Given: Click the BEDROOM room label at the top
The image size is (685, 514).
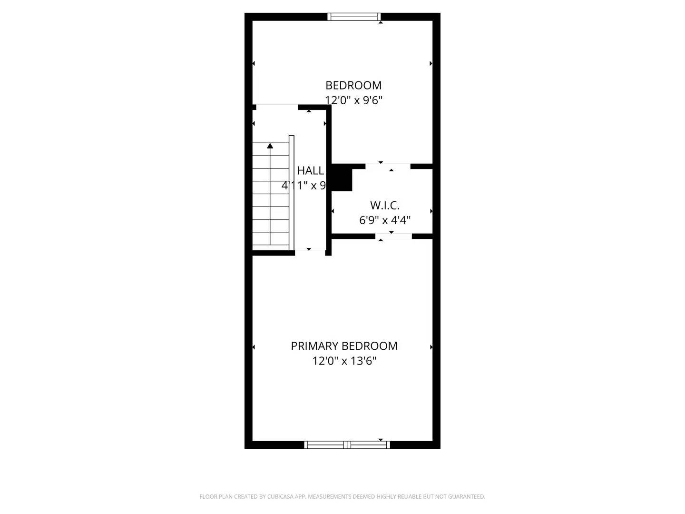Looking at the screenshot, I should pyautogui.click(x=353, y=85).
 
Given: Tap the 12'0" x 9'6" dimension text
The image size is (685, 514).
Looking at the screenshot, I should pyautogui.click(x=353, y=100).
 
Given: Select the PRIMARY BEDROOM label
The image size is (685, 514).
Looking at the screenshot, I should pyautogui.click(x=344, y=346).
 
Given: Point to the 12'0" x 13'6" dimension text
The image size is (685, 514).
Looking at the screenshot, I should pyautogui.click(x=344, y=361).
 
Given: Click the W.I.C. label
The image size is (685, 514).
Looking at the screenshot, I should pyautogui.click(x=385, y=206).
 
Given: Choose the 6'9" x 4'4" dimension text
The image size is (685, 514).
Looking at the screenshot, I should pyautogui.click(x=385, y=220).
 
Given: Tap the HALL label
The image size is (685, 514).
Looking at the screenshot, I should pyautogui.click(x=311, y=170).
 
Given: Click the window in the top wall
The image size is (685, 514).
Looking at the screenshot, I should pyautogui.click(x=354, y=17).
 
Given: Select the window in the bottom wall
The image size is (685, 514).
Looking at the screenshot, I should pyautogui.click(x=347, y=445).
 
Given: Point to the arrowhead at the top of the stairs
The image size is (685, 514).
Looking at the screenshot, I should pyautogui.click(x=270, y=146).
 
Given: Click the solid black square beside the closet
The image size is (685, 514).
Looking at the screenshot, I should pyautogui.click(x=342, y=178).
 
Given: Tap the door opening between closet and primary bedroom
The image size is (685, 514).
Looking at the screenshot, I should pyautogui.click(x=393, y=236).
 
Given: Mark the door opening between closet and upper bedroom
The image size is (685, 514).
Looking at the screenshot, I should pyautogui.click(x=388, y=166).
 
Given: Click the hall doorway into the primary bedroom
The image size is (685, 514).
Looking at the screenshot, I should pyautogui.click(x=310, y=252).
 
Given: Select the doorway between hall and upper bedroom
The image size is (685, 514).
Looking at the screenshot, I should pyautogui.click(x=277, y=107).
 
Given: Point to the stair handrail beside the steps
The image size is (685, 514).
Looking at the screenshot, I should pyautogui.click(x=292, y=193).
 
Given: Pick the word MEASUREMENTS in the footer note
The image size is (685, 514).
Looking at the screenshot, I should pyautogui.click(x=330, y=497).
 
